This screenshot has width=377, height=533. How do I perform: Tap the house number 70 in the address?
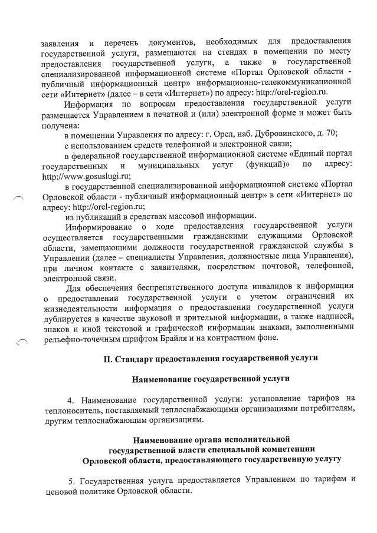coord(330,134)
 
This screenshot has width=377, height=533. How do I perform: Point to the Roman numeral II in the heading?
coord(107,357)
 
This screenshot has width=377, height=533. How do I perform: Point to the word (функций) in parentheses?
coord(271,165)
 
